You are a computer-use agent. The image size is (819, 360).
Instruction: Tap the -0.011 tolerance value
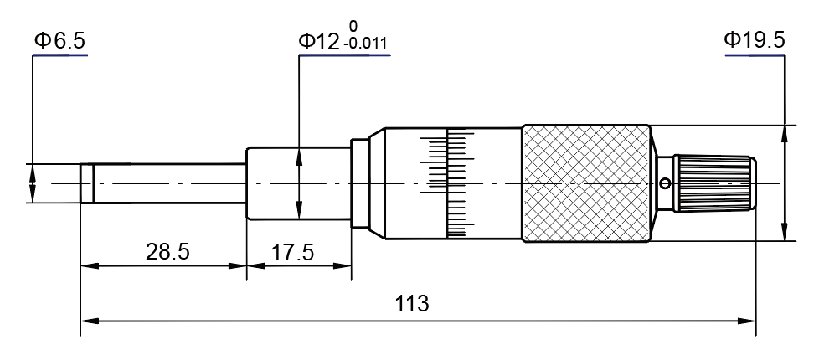click(x=365, y=45)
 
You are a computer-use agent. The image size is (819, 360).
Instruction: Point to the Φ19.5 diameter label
click(x=754, y=40)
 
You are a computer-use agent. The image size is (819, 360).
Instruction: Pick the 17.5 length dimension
click(x=293, y=252)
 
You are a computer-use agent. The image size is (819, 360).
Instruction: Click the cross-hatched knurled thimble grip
click(x=585, y=183)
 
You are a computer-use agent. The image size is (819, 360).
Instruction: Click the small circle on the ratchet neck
click(x=665, y=184)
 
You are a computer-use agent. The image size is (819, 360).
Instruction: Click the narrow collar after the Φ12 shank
click(x=360, y=183)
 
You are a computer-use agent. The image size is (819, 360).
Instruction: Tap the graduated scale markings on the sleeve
click(x=448, y=183)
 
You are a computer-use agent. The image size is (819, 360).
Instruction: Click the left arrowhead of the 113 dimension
click(x=87, y=320)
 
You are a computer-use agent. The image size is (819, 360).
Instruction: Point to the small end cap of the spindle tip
click(x=86, y=183)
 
